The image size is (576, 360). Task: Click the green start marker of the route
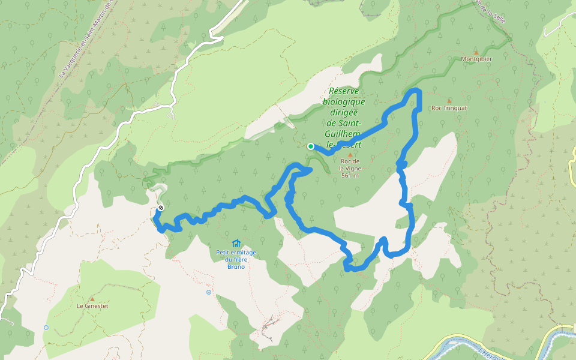click(x=311, y=146)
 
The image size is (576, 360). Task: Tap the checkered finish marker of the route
click(x=161, y=208)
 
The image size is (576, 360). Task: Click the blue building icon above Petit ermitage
click(x=236, y=243)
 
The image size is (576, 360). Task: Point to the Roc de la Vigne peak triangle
click(x=350, y=154)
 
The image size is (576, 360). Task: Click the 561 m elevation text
click(x=350, y=176)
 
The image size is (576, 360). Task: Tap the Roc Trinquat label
click(x=449, y=109)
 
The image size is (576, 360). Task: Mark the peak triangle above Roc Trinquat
click(x=449, y=100)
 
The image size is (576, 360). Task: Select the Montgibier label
click(x=476, y=59)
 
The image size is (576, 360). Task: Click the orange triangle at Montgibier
click(x=476, y=52)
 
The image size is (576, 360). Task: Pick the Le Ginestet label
click(x=92, y=306)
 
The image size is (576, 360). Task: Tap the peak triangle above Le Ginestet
click(x=92, y=298)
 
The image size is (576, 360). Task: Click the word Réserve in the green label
click(x=344, y=91)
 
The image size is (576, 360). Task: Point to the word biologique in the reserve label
click(x=344, y=102)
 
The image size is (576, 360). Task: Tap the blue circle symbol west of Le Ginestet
click(x=46, y=328)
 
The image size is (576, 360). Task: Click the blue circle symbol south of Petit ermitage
click(x=209, y=292)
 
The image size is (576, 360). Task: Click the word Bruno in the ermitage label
click(x=236, y=266)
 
